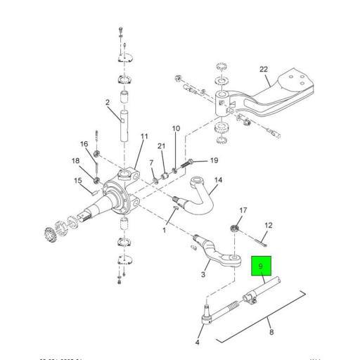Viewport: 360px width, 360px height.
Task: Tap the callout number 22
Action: (263, 69)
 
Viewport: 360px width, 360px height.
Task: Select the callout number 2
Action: (108, 103)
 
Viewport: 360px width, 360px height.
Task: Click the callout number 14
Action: (217, 180)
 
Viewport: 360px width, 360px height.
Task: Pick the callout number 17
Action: (243, 210)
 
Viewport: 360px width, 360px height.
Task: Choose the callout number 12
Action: (268, 226)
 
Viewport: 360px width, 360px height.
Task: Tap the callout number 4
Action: (197, 342)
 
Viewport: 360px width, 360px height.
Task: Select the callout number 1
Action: (165, 230)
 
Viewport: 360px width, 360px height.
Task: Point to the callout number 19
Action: (214, 161)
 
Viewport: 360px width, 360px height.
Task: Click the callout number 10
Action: (176, 129)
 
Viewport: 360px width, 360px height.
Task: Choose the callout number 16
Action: (84, 143)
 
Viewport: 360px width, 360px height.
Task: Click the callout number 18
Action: (75, 161)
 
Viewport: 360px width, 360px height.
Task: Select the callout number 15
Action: (78, 181)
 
